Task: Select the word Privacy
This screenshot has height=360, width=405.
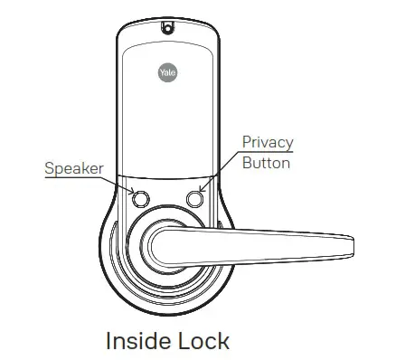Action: (268, 143)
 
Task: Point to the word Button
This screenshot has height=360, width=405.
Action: (266, 164)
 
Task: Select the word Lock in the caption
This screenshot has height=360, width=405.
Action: (203, 341)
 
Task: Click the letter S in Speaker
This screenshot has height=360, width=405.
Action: (50, 168)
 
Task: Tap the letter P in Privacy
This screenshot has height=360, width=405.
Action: (247, 143)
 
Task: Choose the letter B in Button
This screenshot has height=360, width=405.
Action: (247, 164)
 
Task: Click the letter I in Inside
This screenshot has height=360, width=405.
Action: (109, 341)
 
